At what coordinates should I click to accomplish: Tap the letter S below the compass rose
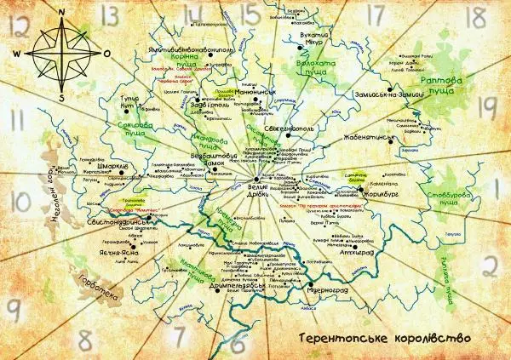tap(62, 96)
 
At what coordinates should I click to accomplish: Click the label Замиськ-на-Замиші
tap(386, 95)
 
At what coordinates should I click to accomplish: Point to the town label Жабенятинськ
tap(367, 136)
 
